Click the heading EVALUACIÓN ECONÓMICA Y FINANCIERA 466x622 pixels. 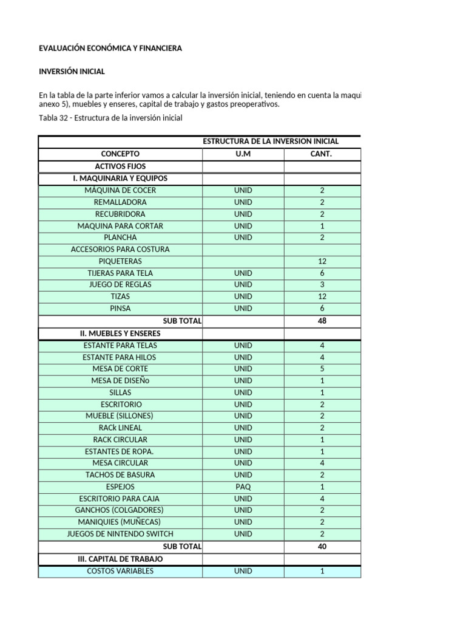click(x=110, y=48)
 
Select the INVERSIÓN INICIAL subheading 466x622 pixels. click(x=72, y=72)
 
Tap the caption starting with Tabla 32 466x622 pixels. click(x=110, y=118)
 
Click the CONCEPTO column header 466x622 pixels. click(x=120, y=154)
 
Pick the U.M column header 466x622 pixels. click(x=243, y=154)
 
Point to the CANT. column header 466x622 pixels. click(x=322, y=154)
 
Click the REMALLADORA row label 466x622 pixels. click(x=120, y=202)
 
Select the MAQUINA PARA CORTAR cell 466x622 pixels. click(x=120, y=226)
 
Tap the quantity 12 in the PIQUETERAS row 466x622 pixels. click(x=322, y=261)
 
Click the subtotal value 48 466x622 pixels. click(x=322, y=321)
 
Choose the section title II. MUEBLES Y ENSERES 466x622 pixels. click(x=120, y=333)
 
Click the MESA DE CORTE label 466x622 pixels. click(x=120, y=369)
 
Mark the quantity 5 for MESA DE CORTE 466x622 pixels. click(x=322, y=369)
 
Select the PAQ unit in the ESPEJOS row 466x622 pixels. click(x=243, y=487)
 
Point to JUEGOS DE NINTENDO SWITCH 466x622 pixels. click(x=120, y=534)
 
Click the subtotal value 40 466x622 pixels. click(x=322, y=547)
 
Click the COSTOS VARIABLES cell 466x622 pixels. click(x=120, y=571)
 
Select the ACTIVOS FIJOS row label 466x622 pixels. click(x=120, y=166)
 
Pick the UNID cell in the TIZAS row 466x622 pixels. click(x=243, y=296)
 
